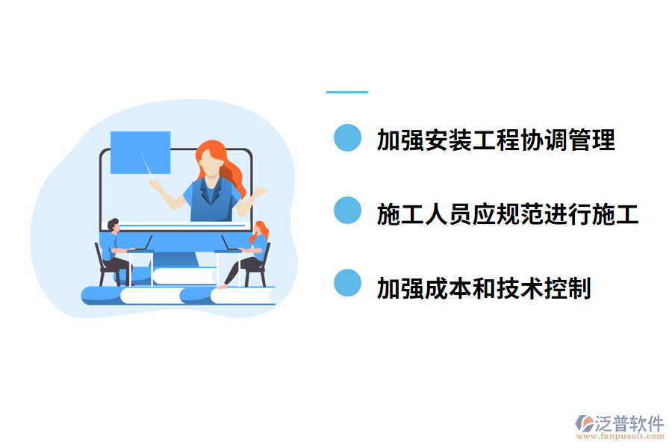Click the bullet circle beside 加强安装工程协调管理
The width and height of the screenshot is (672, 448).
tap(347, 138)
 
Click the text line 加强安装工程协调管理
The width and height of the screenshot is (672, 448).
tap(496, 140)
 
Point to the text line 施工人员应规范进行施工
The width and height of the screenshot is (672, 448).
tap(508, 214)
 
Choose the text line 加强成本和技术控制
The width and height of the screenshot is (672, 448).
tap(484, 287)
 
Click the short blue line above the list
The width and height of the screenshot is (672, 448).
tap(347, 92)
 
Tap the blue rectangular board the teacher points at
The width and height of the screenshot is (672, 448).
tap(140, 152)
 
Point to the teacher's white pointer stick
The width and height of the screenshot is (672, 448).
tap(149, 167)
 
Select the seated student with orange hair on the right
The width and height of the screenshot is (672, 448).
tap(254, 250)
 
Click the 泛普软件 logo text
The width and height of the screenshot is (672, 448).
tap(629, 423)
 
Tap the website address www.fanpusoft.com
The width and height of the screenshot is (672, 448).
tap(619, 438)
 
